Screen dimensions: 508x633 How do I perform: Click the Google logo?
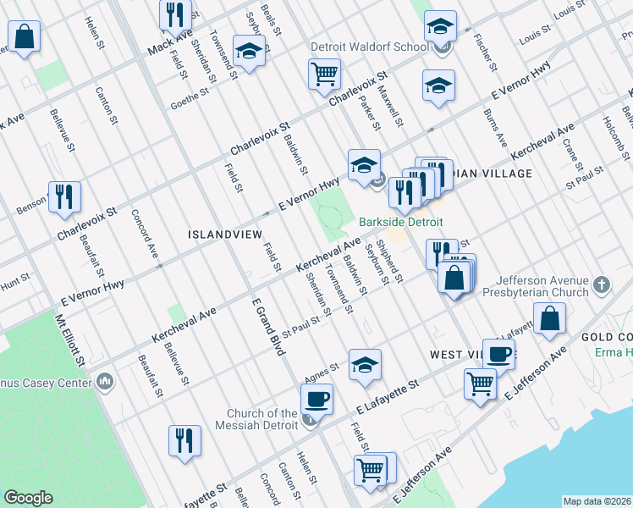28,498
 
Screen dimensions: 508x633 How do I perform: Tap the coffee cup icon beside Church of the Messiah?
317,398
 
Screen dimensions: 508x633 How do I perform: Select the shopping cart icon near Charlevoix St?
325,74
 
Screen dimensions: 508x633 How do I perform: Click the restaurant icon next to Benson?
64,196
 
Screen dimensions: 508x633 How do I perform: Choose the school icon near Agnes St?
365,364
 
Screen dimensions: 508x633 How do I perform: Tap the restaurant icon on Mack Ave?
175,13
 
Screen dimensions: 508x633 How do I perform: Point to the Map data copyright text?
597,501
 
